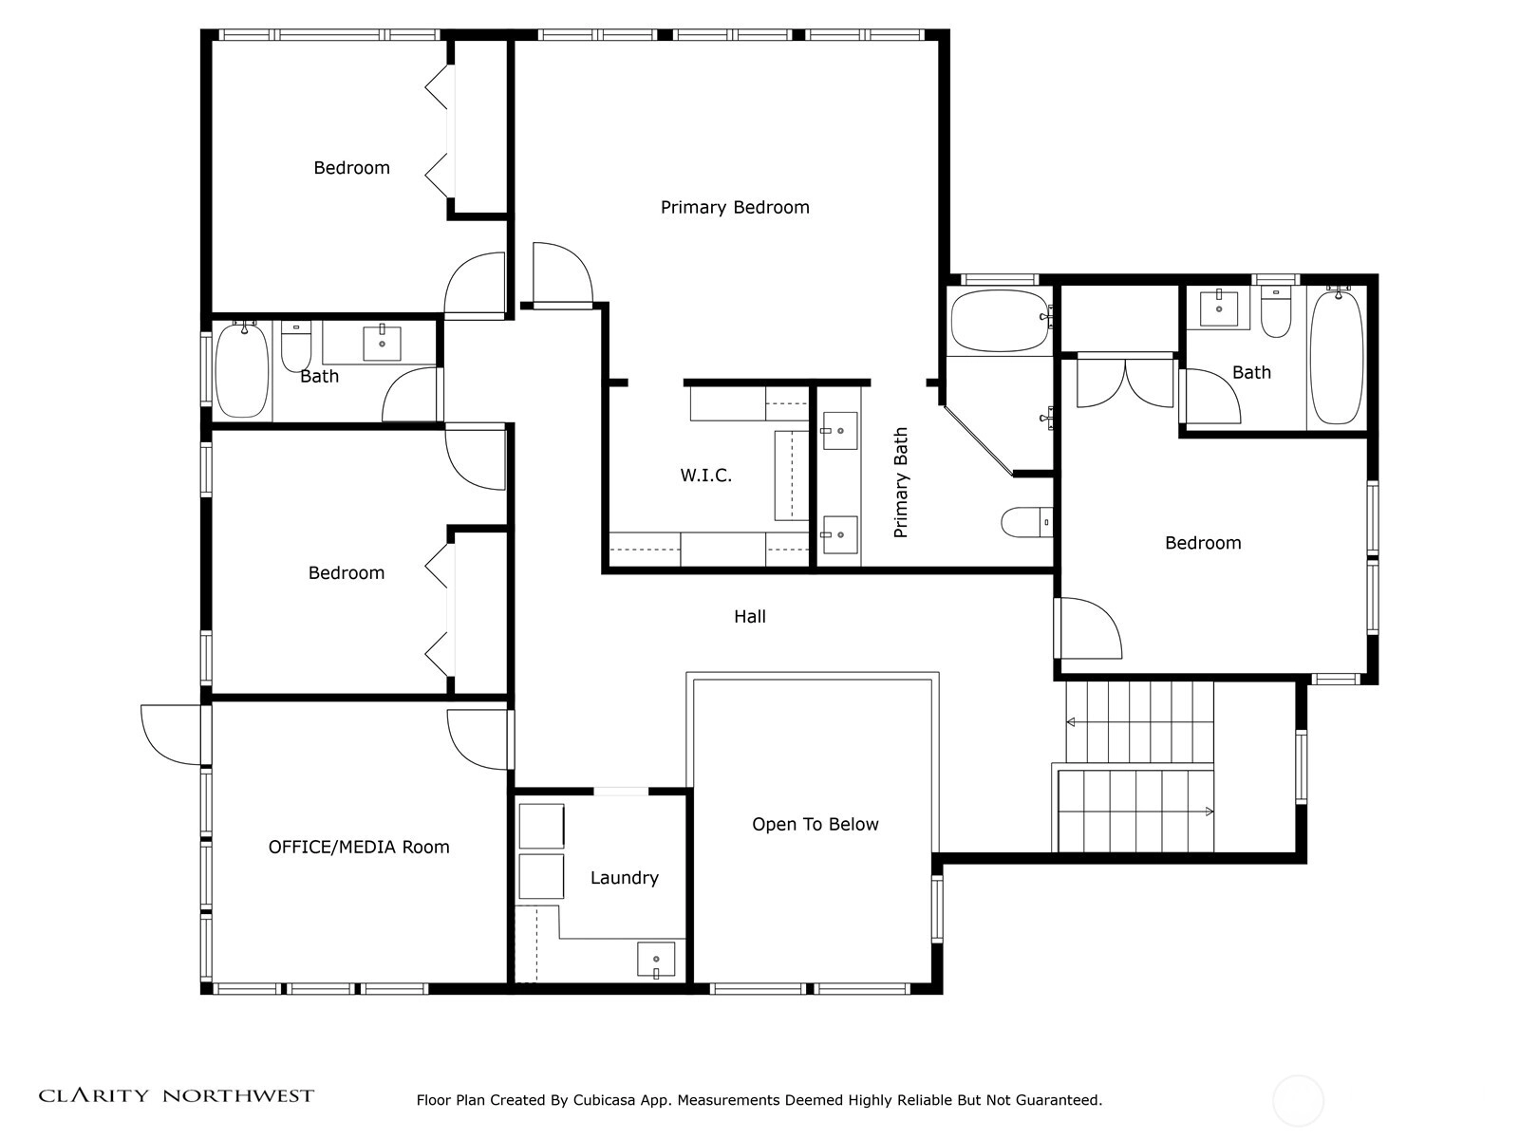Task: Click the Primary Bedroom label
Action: tap(734, 208)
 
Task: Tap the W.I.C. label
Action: tap(705, 476)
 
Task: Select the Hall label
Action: tap(749, 616)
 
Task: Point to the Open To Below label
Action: tap(816, 824)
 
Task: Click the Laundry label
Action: tap(624, 878)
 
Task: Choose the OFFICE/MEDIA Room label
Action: tap(359, 848)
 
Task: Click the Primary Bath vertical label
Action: tap(900, 482)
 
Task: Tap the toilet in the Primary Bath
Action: tap(1027, 522)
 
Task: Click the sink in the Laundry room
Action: tap(655, 960)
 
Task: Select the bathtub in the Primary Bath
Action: tap(1002, 321)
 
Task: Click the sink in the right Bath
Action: tap(1219, 308)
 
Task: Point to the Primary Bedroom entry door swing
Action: tap(563, 273)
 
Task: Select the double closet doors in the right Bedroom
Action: tap(1125, 381)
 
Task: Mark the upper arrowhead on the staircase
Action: tap(1070, 722)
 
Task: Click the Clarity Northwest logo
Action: tap(176, 1095)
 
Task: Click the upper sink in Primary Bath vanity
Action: tap(839, 431)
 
